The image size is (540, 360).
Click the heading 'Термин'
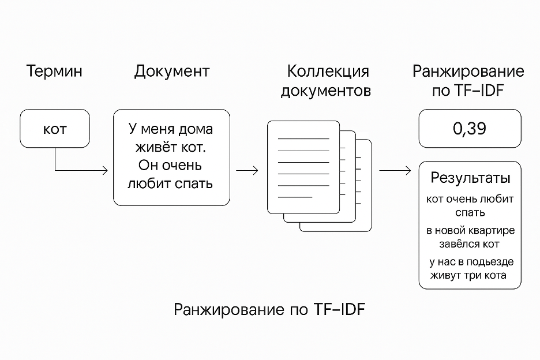(54, 72)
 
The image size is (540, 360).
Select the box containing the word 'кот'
(55, 129)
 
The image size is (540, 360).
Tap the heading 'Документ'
(171, 72)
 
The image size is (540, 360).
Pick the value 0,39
(470, 129)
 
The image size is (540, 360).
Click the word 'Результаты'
(470, 178)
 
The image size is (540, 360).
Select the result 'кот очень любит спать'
(470, 205)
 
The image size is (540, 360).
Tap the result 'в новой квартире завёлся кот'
(470, 237)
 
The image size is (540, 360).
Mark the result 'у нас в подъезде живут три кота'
(470, 268)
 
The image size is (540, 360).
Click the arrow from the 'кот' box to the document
(81, 170)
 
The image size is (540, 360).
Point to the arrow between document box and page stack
(247, 170)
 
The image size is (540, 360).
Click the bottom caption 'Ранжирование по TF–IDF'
(269, 310)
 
